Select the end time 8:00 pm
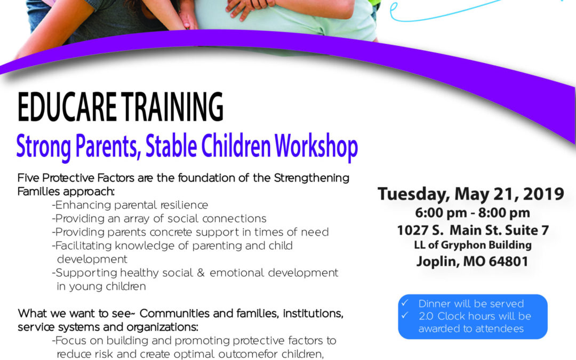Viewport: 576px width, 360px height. coord(505,213)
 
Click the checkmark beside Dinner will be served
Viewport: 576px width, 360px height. coord(405,303)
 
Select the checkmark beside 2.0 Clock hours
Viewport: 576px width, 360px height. coord(405,316)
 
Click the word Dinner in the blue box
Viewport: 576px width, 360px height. coord(435,304)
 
